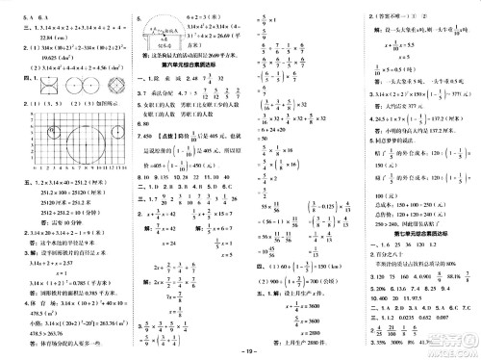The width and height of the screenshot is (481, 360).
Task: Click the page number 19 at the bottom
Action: click(241, 350)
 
